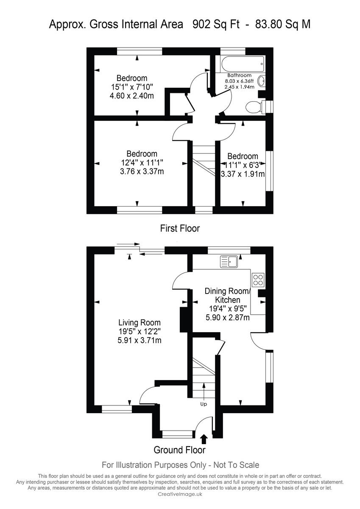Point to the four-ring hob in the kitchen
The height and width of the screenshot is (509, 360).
(258, 280)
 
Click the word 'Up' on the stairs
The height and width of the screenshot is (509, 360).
(204, 404)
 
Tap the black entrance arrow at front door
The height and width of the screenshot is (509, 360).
(204, 439)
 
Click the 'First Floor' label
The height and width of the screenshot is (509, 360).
(180, 228)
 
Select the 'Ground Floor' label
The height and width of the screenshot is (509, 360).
(179, 450)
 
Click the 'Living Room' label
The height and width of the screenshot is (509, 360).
(140, 322)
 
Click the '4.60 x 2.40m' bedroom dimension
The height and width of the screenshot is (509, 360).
(131, 96)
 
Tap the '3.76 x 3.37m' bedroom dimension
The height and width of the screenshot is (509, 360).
(142, 172)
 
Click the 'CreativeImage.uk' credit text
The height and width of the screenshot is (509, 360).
(180, 494)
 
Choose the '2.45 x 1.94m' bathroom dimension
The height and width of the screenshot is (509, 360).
(239, 87)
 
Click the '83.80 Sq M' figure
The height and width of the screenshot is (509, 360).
(283, 24)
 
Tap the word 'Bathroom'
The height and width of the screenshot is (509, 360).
(239, 76)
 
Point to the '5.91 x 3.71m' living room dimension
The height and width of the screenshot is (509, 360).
(140, 340)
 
